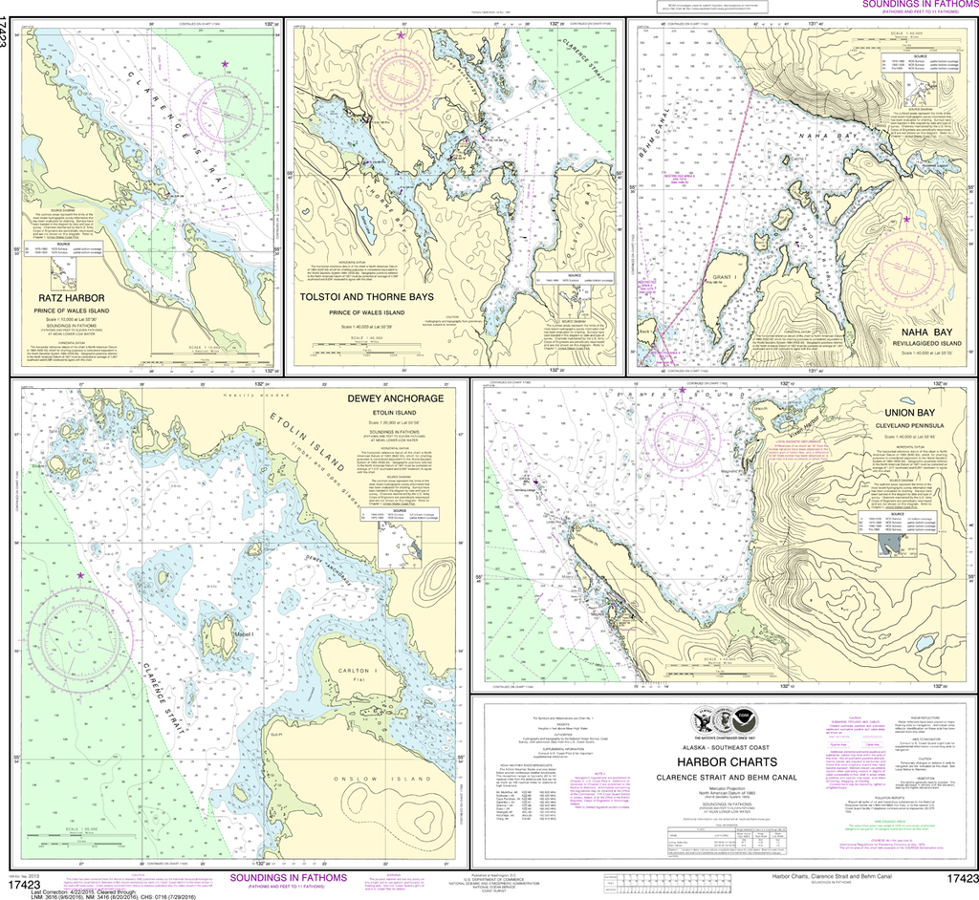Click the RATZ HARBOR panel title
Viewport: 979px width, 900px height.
(66, 297)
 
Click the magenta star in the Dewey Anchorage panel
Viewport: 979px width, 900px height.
(80, 575)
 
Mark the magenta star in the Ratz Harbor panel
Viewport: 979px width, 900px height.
(225, 64)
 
